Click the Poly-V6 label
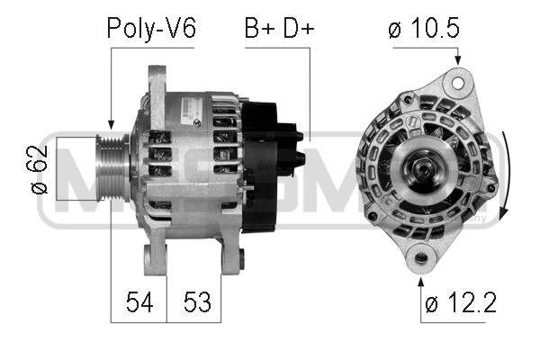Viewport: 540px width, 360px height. click(151, 28)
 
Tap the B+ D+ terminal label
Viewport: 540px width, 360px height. click(279, 28)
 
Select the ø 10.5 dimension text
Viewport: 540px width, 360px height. click(424, 28)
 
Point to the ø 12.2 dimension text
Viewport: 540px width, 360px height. click(461, 302)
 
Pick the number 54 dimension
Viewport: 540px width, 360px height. click(139, 302)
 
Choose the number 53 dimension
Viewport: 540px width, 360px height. click(197, 302)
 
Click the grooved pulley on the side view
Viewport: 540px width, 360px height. click(112, 168)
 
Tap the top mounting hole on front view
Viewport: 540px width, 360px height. click(457, 83)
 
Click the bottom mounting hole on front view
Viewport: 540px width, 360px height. click(421, 258)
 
